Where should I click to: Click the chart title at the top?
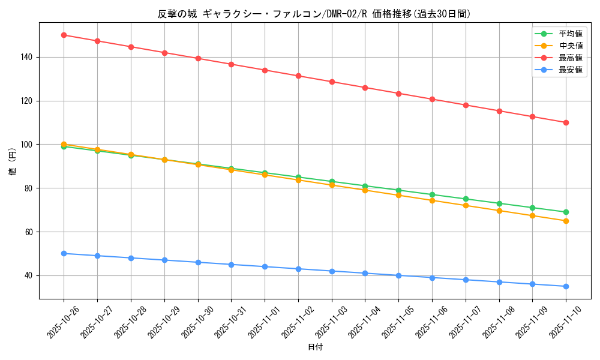(x=314, y=14)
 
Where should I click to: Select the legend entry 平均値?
(x=571, y=34)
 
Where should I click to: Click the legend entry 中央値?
(x=571, y=46)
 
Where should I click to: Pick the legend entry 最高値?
(x=571, y=58)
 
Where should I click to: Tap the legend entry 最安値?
(x=571, y=70)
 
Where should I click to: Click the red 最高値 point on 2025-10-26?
(x=64, y=35)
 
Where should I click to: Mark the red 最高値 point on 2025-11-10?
(x=566, y=122)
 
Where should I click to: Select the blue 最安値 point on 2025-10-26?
(x=64, y=253)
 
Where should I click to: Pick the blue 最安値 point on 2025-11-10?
(x=566, y=286)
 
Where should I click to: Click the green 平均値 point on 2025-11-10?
(x=566, y=212)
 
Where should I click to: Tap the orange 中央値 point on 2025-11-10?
(x=566, y=221)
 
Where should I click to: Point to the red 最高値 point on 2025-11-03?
(x=332, y=82)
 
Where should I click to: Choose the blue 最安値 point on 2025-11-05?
(x=398, y=275)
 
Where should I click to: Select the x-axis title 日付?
(x=314, y=347)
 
